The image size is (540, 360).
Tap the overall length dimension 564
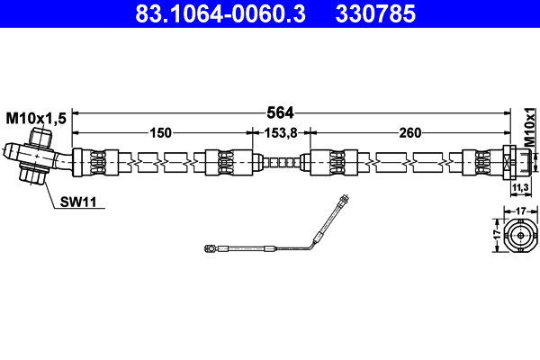coord(281,112)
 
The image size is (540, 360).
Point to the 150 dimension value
coord(160,133)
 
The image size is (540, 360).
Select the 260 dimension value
coord(409,133)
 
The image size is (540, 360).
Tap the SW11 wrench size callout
coord(78,202)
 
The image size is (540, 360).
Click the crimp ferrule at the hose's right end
coord(478,163)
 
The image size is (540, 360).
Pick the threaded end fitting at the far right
coord(517,163)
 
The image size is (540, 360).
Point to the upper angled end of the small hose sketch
coord(343,203)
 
